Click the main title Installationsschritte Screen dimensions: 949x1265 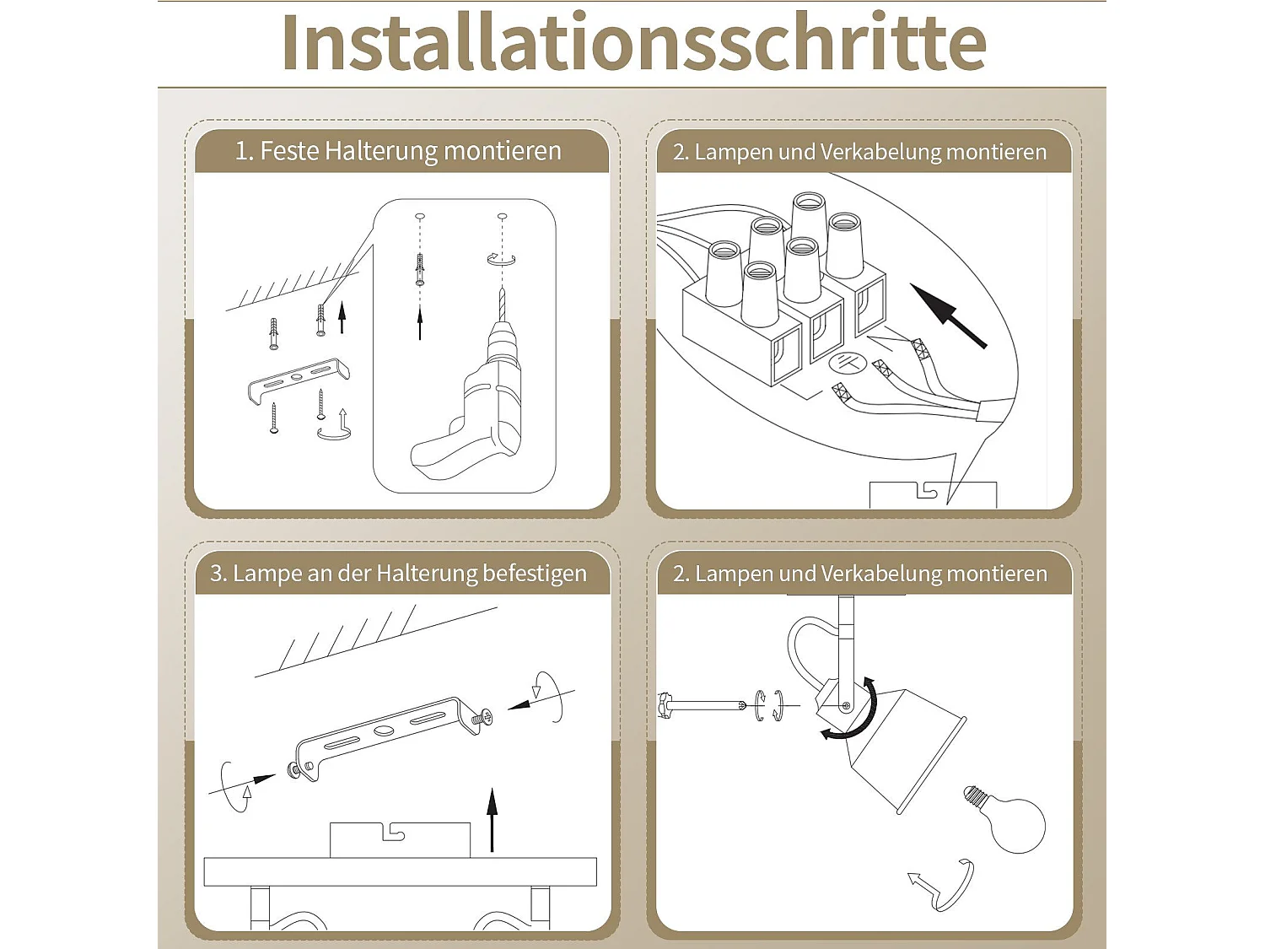pyautogui.click(x=632, y=42)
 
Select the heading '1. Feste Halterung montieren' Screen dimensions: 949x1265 pyautogui.click(x=398, y=151)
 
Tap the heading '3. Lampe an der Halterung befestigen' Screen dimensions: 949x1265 pyautogui.click(x=398, y=574)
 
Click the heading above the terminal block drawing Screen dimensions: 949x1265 pyautogui.click(x=859, y=152)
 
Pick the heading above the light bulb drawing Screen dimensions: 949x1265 pyautogui.click(x=859, y=574)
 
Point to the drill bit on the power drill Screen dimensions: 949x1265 pyautogui.click(x=503, y=305)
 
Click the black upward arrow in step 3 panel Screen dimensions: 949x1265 pyautogui.click(x=493, y=818)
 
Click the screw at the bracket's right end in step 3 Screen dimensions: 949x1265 pyautogui.click(x=483, y=718)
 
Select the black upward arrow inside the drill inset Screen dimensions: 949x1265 pyautogui.click(x=420, y=324)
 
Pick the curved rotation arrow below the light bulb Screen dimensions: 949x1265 pyautogui.click(x=945, y=886)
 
